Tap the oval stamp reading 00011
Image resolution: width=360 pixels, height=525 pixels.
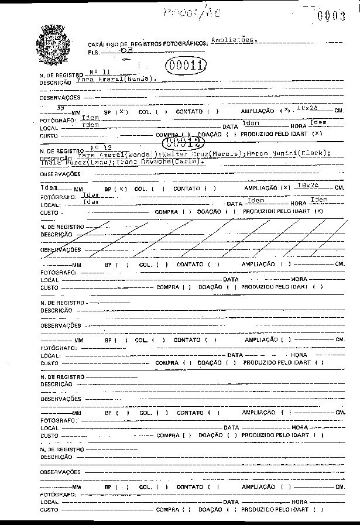click(186, 66)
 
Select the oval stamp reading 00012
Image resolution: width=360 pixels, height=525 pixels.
click(179, 142)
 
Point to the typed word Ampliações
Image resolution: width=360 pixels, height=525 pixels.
click(233, 40)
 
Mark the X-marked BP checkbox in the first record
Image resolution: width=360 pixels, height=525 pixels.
click(121, 111)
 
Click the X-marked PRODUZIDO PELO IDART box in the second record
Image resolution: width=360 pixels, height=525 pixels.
click(318, 211)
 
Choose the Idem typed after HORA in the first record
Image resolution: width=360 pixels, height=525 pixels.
click(317, 122)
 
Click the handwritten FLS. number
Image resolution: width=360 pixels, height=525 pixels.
click(125, 51)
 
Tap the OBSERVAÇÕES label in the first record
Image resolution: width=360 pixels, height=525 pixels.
click(60, 98)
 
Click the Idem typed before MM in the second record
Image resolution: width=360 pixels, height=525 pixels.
click(49, 188)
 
